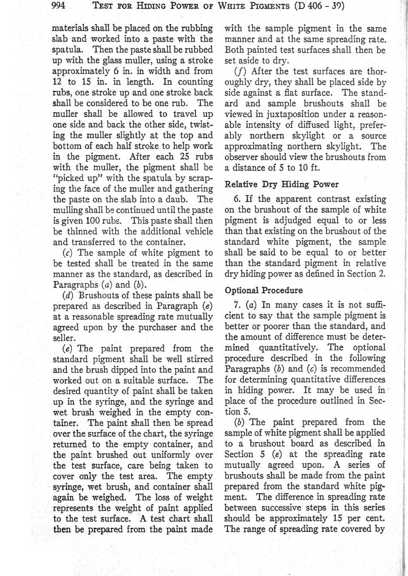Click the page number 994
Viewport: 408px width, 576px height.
(58, 6)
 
